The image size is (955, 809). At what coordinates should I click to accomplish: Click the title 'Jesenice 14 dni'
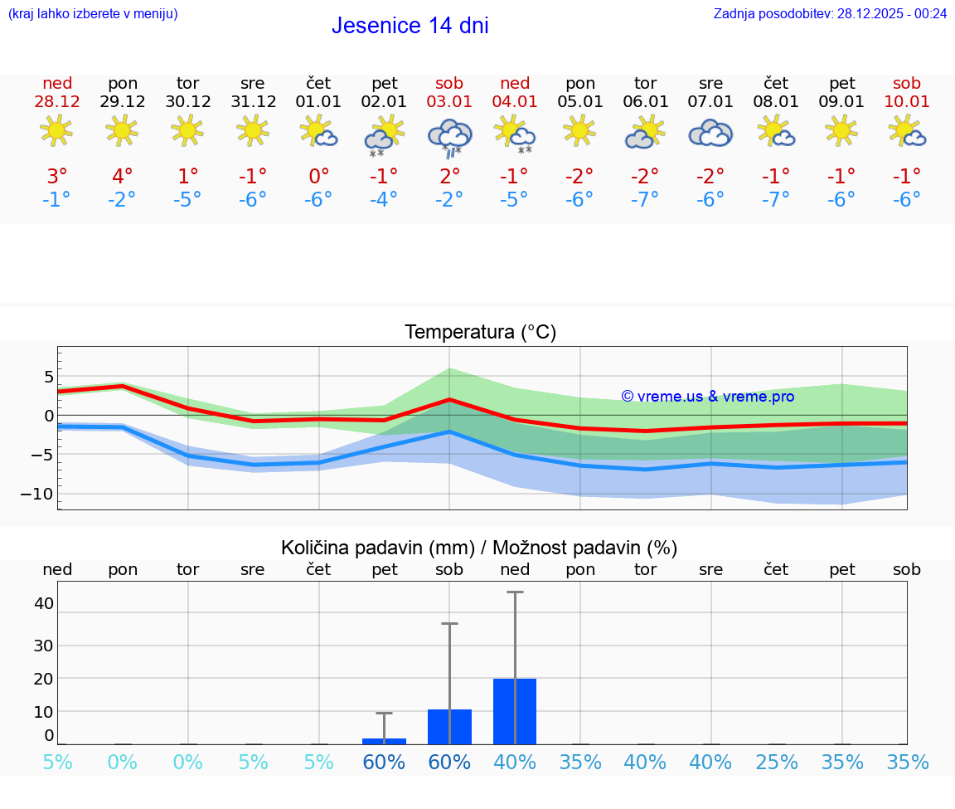coord(410,26)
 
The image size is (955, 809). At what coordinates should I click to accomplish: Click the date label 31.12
coord(253,101)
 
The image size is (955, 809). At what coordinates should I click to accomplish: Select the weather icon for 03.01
coord(449,136)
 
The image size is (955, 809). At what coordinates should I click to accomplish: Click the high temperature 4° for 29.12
coord(122,176)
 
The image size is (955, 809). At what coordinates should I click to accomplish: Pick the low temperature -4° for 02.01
coord(384,199)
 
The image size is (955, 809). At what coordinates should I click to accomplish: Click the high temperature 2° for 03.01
coord(449,176)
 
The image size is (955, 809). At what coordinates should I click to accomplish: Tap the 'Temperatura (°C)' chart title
coord(480,333)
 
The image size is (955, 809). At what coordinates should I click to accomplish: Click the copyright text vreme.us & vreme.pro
coord(707,397)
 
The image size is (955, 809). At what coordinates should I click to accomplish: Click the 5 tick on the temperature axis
coord(49,377)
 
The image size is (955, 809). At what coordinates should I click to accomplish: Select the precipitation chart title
coord(479,548)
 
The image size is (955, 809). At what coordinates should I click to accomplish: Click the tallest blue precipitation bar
coord(514,711)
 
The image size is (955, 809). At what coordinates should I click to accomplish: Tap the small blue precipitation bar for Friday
coord(384,740)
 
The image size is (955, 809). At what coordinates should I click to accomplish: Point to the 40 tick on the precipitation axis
coord(43,603)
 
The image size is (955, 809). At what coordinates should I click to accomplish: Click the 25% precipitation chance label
coord(776,762)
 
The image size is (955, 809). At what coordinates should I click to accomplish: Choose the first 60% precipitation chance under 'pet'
coord(384,762)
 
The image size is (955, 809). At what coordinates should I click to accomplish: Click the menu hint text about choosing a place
coord(93,13)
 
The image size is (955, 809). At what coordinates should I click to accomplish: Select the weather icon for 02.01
coord(384,136)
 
